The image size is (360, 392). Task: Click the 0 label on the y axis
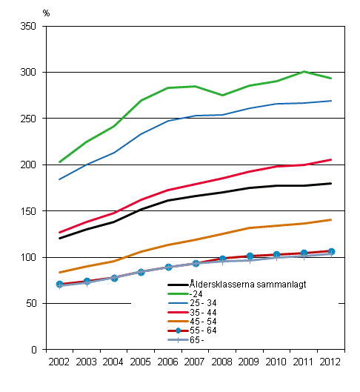click(x=33, y=350)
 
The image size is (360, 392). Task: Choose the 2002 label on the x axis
click(x=59, y=362)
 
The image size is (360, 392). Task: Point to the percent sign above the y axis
click(x=46, y=13)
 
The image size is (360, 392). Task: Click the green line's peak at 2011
click(x=304, y=72)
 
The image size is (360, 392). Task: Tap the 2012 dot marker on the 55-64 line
click(x=330, y=251)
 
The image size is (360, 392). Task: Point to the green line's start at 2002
click(x=60, y=162)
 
